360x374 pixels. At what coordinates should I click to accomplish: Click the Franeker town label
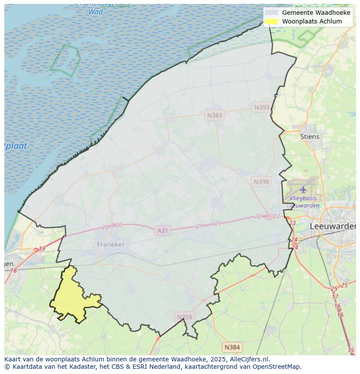[111, 245]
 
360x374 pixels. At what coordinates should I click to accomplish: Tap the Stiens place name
[310, 136]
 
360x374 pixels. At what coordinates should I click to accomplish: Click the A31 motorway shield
[162, 231]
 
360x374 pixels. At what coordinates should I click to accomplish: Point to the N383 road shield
[214, 115]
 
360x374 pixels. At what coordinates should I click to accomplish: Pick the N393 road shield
[262, 107]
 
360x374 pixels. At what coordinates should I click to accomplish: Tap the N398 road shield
[261, 182]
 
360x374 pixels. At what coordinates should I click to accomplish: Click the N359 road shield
[184, 317]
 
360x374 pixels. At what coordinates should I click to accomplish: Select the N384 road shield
[232, 347]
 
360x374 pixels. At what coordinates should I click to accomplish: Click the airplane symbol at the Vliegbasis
[303, 189]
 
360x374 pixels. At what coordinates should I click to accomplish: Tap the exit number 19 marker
[42, 249]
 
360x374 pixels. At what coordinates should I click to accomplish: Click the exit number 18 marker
[13, 271]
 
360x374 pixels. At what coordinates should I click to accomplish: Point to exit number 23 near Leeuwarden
[292, 223]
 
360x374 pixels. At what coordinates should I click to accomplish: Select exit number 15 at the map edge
[351, 350]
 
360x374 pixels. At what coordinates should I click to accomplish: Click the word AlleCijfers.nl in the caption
[250, 359]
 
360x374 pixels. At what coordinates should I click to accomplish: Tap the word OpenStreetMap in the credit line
[279, 367]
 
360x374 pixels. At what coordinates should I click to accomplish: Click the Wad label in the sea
[96, 12]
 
